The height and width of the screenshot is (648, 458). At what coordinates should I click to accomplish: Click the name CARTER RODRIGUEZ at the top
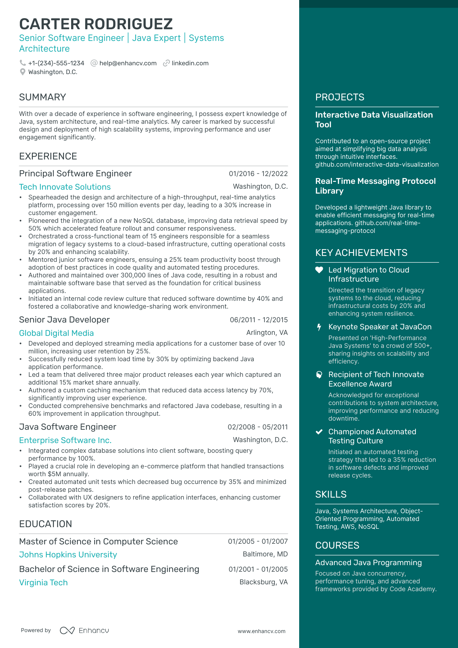96,24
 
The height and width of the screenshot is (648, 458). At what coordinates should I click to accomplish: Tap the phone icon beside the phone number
22,63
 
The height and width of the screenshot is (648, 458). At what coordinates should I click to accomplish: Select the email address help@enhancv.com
128,63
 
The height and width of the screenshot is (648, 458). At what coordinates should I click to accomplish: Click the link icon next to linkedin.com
166,63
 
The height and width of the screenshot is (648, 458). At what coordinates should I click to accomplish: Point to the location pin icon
22,72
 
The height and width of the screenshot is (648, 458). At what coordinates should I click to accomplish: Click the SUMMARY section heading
43,97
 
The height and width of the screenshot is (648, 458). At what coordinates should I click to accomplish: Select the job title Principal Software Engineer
75,173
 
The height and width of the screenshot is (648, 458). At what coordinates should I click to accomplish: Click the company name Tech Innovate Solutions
65,187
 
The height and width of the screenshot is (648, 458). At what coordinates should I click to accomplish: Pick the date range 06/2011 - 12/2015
259,320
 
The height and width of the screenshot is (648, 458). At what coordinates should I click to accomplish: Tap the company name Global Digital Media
56,333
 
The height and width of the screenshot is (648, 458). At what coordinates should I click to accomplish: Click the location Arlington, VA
267,333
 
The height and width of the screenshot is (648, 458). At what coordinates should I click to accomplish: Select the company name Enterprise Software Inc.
65,440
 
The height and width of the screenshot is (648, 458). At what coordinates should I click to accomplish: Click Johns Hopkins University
68,554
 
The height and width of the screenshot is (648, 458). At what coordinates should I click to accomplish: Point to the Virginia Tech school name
43,582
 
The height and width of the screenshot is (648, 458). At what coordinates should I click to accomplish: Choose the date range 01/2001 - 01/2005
258,569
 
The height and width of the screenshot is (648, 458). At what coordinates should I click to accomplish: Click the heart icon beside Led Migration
319,270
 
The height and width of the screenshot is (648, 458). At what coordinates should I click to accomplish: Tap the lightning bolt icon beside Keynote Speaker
319,327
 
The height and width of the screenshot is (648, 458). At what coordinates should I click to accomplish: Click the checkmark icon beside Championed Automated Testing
319,432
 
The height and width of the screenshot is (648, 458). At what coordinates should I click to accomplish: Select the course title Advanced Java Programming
368,563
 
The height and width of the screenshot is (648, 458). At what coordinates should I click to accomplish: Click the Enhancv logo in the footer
84,630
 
